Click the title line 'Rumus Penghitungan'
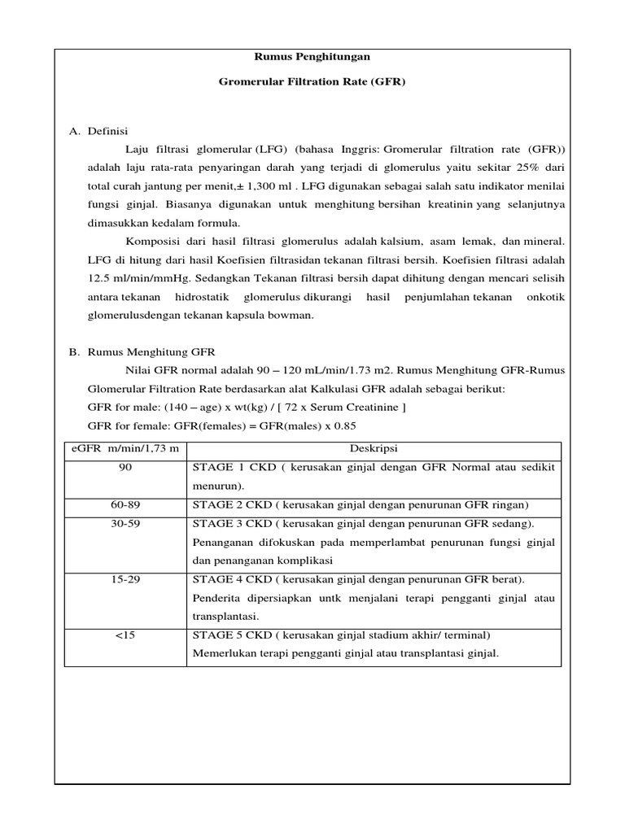pyautogui.click(x=312, y=56)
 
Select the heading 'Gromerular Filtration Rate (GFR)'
pyautogui.click(x=312, y=83)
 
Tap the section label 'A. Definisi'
pyautogui.click(x=98, y=131)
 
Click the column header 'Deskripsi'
pyautogui.click(x=373, y=450)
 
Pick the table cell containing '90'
pyautogui.click(x=125, y=469)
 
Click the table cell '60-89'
pyautogui.click(x=125, y=505)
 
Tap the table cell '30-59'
pyautogui.click(x=125, y=523)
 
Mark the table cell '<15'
pyautogui.click(x=125, y=635)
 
